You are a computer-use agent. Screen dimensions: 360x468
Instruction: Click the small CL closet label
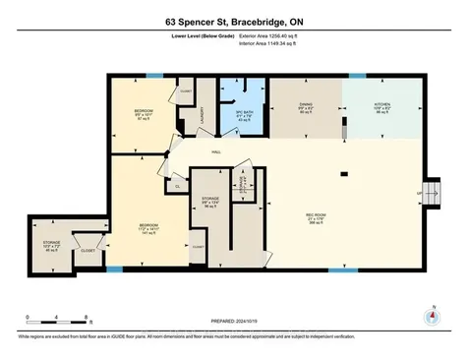pos(178,184)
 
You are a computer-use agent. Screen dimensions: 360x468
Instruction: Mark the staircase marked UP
pos(429,190)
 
